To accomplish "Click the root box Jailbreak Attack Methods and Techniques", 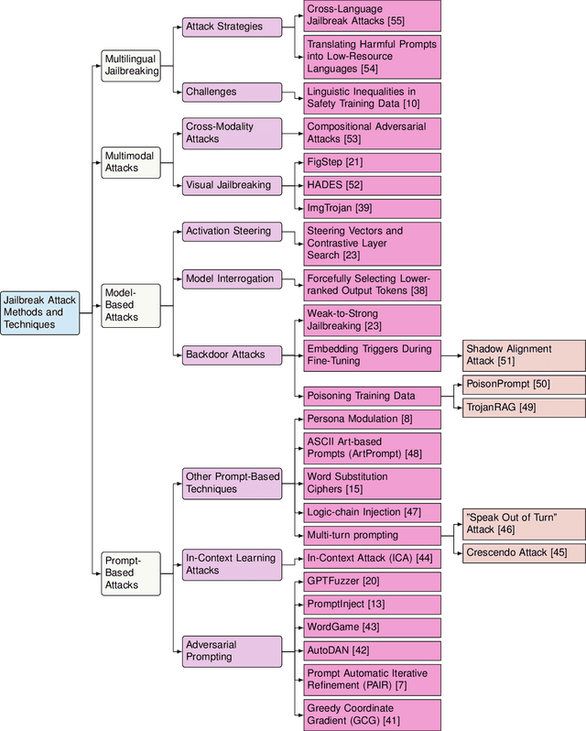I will (x=40, y=311).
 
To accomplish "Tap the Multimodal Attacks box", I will (x=129, y=162).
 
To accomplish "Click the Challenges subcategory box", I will (x=231, y=92).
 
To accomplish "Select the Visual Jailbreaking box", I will (x=231, y=185).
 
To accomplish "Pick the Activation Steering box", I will (x=231, y=232).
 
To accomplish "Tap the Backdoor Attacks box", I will (x=231, y=353).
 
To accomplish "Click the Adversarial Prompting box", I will (x=231, y=650).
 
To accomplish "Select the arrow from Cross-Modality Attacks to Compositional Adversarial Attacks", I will (x=292, y=133).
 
